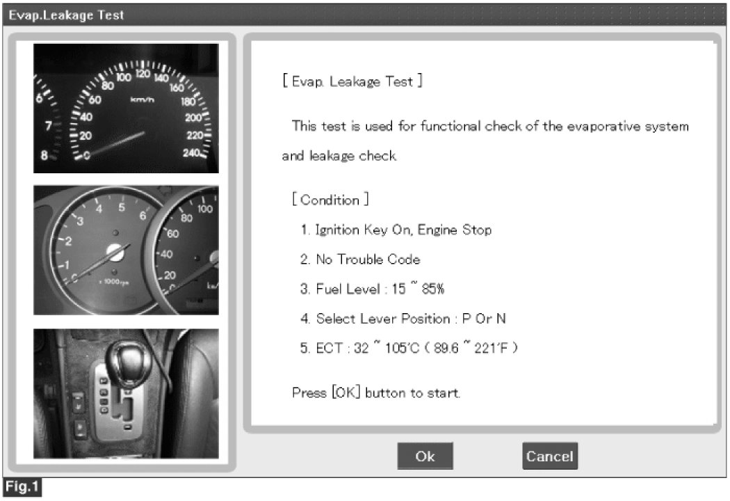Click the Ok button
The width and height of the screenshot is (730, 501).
[425, 456]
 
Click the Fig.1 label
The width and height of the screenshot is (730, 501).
[22, 487]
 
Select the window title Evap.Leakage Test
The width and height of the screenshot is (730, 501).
[66, 15]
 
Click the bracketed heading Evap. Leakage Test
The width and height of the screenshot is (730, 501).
[352, 81]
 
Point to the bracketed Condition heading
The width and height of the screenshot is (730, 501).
[330, 200]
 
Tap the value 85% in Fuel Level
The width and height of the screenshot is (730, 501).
[433, 289]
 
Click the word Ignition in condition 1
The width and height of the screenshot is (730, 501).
[337, 230]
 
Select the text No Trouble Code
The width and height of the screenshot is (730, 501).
[368, 259]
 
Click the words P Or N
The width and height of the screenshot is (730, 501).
[484, 318]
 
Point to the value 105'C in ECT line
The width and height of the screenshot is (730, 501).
[403, 348]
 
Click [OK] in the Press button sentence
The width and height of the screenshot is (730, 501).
[346, 392]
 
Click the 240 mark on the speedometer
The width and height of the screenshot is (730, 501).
[191, 152]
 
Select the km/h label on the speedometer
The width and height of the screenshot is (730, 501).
[142, 100]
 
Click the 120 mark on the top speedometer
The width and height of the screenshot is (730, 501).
[143, 73]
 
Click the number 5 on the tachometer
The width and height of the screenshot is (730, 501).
[122, 207]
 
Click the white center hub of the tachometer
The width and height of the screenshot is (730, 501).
[115, 252]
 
